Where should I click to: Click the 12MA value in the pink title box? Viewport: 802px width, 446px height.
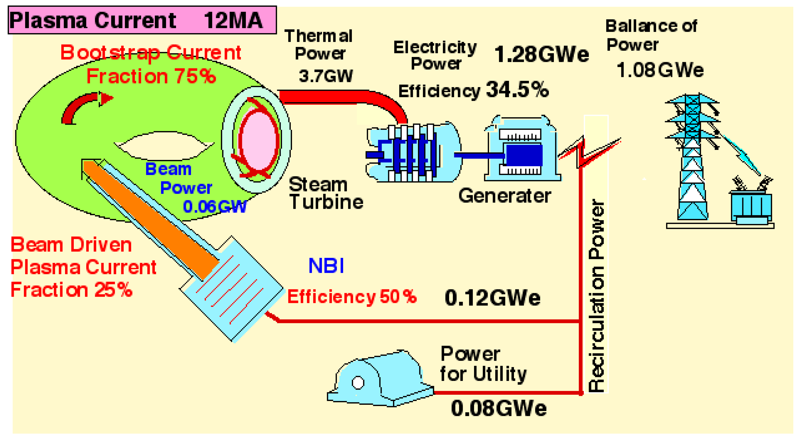tap(233, 21)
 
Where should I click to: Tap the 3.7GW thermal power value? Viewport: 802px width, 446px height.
tap(326, 76)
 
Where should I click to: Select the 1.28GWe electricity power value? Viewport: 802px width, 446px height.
tap(541, 54)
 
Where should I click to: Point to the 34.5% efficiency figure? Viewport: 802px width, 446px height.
tap(517, 90)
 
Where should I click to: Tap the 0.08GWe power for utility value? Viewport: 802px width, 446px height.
tap(499, 408)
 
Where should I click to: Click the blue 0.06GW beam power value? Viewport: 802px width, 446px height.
tap(215, 206)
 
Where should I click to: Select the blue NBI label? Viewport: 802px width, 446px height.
tap(326, 266)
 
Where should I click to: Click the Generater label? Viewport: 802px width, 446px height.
tap(504, 196)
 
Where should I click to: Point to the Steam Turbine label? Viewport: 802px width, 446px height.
tap(325, 193)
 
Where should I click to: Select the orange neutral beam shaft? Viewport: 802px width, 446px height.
tap(149, 218)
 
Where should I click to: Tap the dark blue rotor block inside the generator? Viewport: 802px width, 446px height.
tap(524, 155)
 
